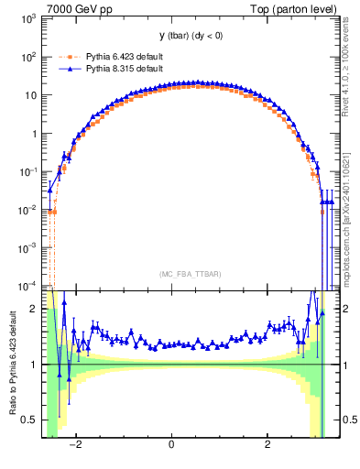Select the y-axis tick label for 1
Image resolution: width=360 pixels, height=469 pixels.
[35, 133]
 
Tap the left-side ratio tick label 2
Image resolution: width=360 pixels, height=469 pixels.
[35, 309]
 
